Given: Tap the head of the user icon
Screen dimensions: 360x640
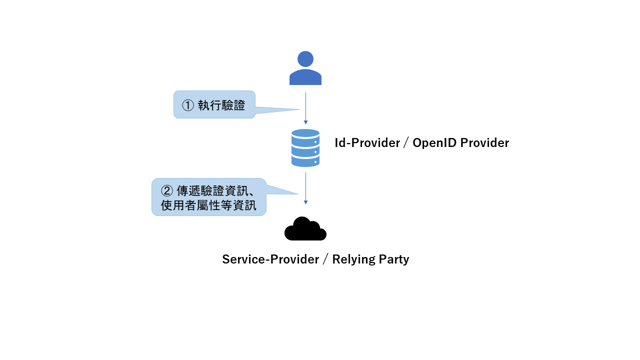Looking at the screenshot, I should pos(305,59).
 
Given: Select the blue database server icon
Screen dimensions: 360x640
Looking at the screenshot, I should pos(305,148).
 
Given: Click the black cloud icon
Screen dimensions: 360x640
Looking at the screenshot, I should pos(305,229).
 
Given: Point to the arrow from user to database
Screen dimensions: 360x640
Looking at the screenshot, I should pos(305,107).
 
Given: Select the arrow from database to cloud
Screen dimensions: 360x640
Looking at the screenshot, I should pos(305,188).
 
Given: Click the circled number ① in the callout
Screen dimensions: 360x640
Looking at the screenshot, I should pos(187,105).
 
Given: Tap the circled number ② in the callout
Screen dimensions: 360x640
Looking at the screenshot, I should pos(166,191).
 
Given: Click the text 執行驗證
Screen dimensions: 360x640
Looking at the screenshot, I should pos(221,105).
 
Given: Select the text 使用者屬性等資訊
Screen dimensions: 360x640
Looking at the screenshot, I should pos(208,205).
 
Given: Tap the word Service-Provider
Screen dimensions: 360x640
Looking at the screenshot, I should pos(270,259).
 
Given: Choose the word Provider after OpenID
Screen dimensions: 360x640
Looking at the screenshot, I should pos(484,143).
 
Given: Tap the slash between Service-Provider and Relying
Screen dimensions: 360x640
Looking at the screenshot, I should pos(325,259).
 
